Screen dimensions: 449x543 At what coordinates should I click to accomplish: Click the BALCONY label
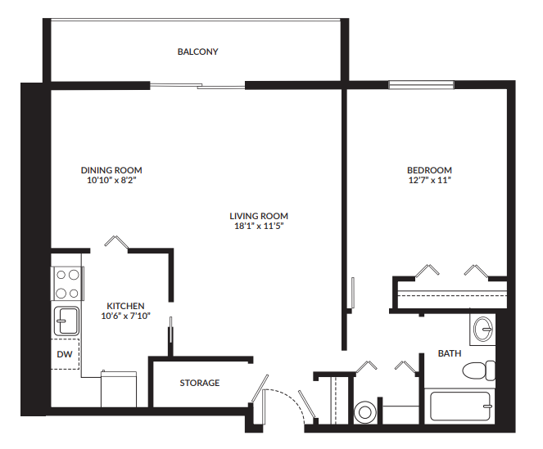click(198, 52)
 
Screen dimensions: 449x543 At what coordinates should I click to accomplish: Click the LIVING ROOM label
click(259, 216)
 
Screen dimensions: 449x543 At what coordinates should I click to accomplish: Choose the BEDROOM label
click(429, 170)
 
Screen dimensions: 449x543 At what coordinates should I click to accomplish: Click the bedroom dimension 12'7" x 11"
click(429, 180)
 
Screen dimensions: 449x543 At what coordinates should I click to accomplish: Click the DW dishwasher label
click(65, 354)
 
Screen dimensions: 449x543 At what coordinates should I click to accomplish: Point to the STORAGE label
click(200, 383)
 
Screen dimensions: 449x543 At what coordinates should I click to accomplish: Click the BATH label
click(449, 353)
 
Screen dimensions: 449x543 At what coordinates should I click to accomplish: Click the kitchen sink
click(66, 318)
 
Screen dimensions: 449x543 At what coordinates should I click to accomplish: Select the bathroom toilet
click(478, 370)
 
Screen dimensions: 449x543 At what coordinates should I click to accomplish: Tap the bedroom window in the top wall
click(421, 83)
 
